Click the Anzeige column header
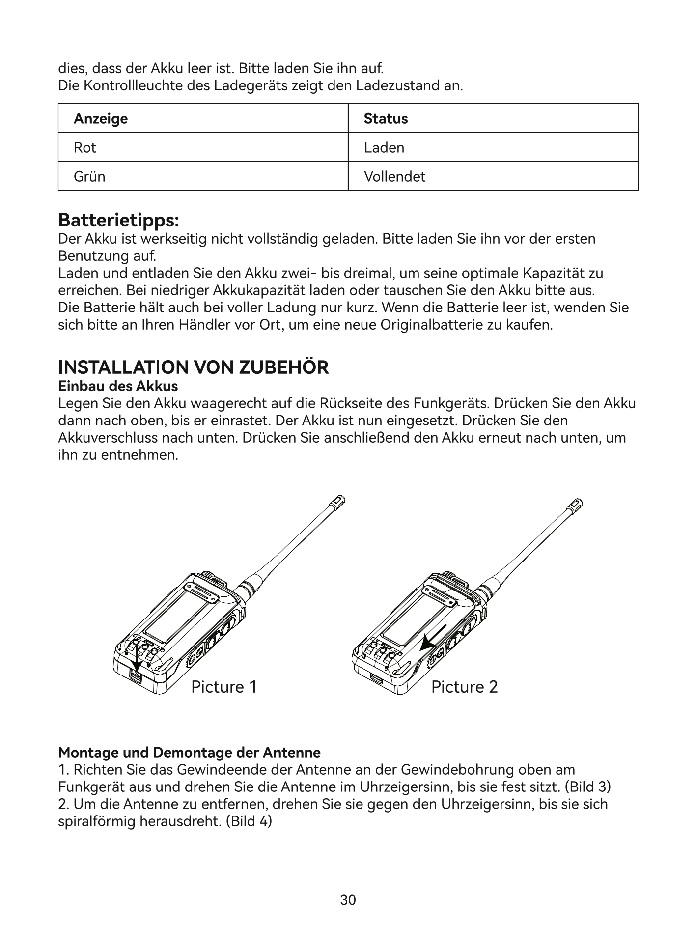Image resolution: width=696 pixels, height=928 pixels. point(101,118)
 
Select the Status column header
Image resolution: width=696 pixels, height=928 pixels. point(386,118)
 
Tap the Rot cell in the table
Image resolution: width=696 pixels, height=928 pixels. point(85,147)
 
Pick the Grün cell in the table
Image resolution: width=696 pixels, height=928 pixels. point(89,176)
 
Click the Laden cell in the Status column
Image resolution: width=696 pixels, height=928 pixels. point(384,147)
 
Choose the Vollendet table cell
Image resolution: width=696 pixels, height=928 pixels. point(394,176)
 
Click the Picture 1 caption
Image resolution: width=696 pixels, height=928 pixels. point(224,686)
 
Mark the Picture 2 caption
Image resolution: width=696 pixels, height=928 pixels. point(464,686)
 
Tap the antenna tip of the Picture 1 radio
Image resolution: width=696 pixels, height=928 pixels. point(338,501)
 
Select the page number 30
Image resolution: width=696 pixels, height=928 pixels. point(348,900)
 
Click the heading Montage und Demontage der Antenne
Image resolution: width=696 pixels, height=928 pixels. point(189,752)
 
